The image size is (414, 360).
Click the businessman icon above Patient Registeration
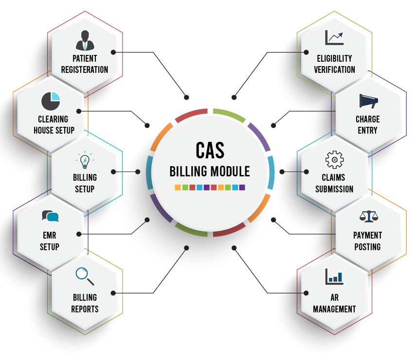[x=85, y=40]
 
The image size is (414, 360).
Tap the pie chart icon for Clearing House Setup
[x=51, y=101]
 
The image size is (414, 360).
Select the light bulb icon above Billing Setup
[x=85, y=159]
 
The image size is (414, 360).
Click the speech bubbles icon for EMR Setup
[x=51, y=216]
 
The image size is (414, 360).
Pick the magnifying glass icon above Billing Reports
[x=85, y=276]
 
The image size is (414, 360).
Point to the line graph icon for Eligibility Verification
[x=334, y=37]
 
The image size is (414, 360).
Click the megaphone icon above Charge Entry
[x=369, y=101]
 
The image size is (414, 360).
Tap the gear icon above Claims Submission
[x=334, y=159]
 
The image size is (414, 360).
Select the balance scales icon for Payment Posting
[x=369, y=216]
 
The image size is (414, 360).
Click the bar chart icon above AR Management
[x=334, y=276]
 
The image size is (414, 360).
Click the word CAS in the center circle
[x=210, y=150]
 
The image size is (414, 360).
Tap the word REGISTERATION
[x=85, y=69]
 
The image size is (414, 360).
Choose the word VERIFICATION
[x=334, y=69]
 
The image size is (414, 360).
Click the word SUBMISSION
[x=334, y=189]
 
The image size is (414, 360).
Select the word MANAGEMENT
[x=334, y=309]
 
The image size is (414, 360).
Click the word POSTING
[x=367, y=247]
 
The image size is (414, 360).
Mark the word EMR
[x=49, y=235]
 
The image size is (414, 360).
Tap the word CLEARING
[x=53, y=119]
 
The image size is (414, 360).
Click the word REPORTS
[x=85, y=309]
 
